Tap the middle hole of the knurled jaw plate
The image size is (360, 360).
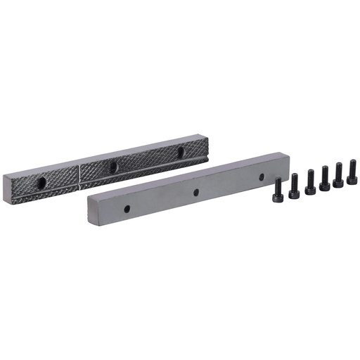point(112,167)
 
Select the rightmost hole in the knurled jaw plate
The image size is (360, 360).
point(181,150)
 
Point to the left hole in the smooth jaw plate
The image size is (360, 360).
point(127,209)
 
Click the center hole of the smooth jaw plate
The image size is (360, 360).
point(196,192)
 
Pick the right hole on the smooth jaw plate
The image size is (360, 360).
point(261,176)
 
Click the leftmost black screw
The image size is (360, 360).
point(278,191)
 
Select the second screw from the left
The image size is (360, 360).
point(294,186)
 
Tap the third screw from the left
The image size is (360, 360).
point(310,182)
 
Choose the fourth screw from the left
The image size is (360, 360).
point(324,179)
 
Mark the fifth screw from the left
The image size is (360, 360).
point(338,175)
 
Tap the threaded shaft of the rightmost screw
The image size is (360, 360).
point(352,167)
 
